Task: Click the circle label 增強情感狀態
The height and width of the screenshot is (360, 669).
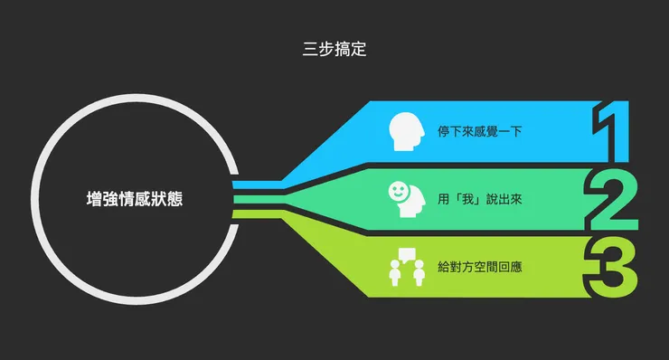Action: [x=134, y=198]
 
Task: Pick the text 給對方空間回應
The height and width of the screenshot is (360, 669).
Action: [x=480, y=268]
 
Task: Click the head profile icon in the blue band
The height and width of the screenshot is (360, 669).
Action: [x=406, y=132]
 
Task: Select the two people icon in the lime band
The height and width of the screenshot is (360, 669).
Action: [x=406, y=271]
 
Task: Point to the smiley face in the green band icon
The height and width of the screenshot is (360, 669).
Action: [x=398, y=191]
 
